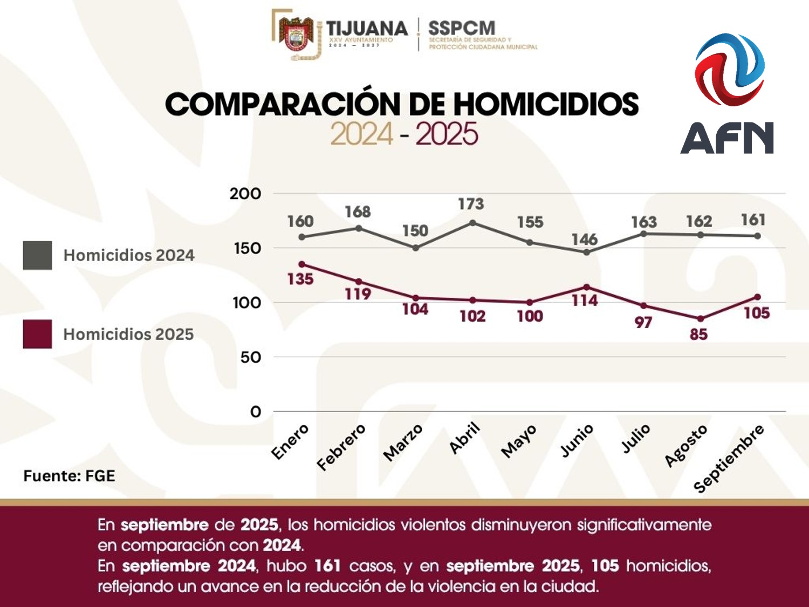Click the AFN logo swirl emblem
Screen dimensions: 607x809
pyautogui.click(x=730, y=69)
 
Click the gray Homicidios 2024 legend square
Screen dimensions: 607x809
pyautogui.click(x=37, y=255)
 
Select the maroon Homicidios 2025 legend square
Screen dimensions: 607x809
pyautogui.click(x=37, y=334)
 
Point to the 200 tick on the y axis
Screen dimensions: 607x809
pyautogui.click(x=245, y=194)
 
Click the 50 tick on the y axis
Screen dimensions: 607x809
pyautogui.click(x=251, y=357)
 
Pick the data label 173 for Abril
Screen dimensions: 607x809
pyautogui.click(x=471, y=204)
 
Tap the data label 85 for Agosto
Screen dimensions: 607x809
pyautogui.click(x=698, y=335)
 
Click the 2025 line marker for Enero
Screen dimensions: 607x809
pyautogui.click(x=302, y=264)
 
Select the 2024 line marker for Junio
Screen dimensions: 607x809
pyautogui.click(x=587, y=252)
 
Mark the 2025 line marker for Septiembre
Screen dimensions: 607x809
pyautogui.click(x=758, y=297)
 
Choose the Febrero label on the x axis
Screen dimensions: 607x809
pyautogui.click(x=341, y=447)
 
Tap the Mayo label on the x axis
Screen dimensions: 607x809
pyautogui.click(x=519, y=441)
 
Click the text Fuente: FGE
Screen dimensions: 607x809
pyautogui.click(x=69, y=476)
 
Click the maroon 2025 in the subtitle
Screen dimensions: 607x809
pyautogui.click(x=447, y=134)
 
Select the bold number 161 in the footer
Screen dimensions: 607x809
pyautogui.click(x=327, y=565)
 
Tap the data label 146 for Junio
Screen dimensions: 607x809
pyautogui.click(x=585, y=239)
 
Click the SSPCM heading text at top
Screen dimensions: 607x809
pyautogui.click(x=462, y=28)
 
